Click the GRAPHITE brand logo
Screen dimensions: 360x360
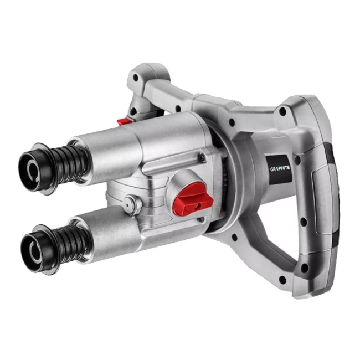280,169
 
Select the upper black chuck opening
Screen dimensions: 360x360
32,169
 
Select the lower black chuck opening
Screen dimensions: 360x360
33,251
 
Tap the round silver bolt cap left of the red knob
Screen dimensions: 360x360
128,203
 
